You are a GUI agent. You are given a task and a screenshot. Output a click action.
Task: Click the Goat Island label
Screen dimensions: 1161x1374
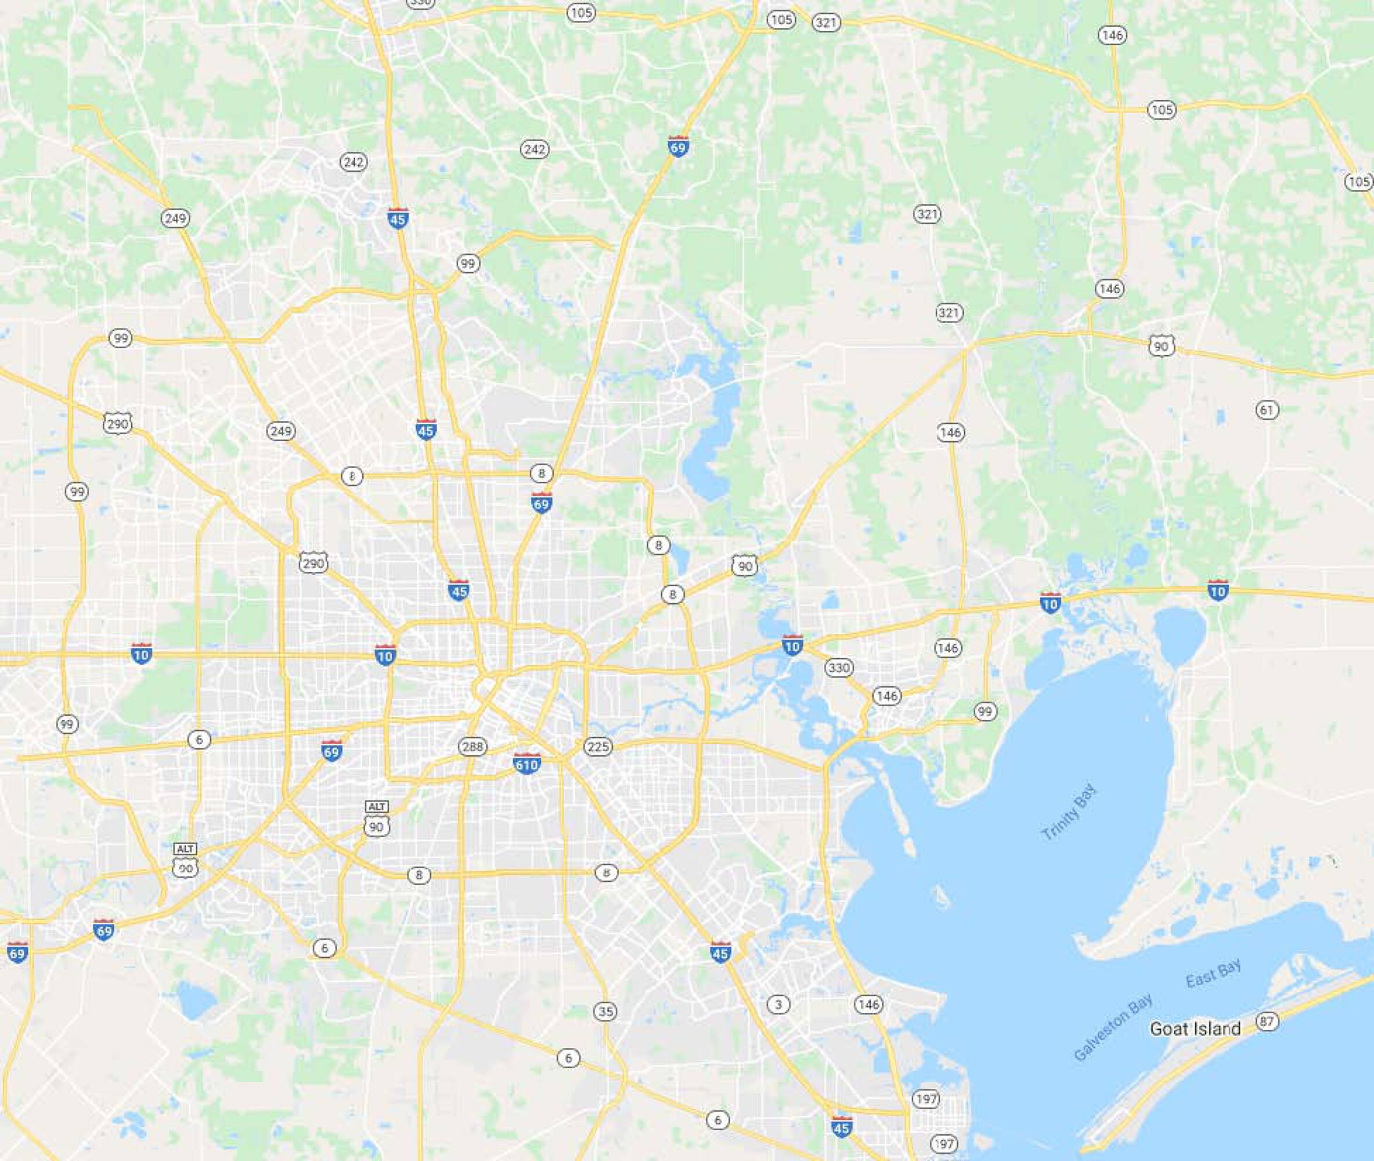coord(1195,1029)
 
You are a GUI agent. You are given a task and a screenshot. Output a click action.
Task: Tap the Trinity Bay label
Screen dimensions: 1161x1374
coord(1070,812)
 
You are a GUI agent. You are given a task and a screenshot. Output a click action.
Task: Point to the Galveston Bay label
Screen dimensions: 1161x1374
coord(1113,1028)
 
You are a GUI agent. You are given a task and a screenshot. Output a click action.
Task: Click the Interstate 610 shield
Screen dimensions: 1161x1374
coord(526,763)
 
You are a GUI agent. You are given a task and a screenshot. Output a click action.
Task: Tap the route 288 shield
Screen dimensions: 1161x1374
coord(473,747)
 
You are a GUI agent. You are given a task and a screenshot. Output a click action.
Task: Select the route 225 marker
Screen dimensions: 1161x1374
coord(597,747)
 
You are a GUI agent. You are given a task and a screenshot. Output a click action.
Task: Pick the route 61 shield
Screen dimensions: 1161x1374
coord(1267,410)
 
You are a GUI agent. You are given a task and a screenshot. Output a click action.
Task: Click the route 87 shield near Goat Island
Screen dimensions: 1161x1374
coord(1267,1022)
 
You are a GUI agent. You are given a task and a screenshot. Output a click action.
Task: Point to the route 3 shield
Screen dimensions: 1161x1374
coord(778,1004)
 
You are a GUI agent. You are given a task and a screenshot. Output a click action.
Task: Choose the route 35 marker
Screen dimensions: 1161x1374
coord(605,1012)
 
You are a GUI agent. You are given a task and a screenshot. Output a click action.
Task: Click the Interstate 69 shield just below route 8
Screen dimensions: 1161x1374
coord(541,503)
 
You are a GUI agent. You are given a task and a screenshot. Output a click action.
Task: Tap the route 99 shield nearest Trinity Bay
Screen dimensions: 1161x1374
coord(985,712)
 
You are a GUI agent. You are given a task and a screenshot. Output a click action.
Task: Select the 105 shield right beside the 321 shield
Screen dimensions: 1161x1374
coord(781,20)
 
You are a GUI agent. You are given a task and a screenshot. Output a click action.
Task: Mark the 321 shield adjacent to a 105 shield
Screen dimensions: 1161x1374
coord(826,23)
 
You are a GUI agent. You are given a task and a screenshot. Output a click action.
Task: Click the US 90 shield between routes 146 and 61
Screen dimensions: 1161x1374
coord(1162,346)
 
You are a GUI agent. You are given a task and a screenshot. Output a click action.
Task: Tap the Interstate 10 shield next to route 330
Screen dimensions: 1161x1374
coord(792,645)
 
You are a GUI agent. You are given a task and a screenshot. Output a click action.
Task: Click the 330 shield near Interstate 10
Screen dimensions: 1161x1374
coord(839,668)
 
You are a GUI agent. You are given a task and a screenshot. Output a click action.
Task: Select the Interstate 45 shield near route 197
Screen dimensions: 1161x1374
coord(841,1126)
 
